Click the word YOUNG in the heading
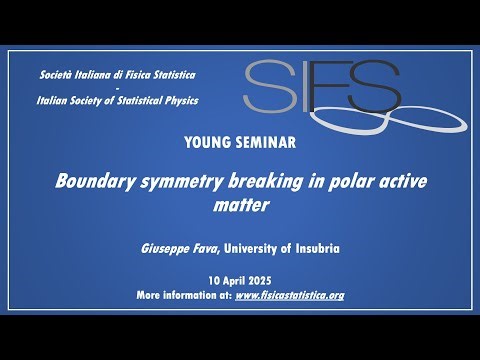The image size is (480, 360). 207,142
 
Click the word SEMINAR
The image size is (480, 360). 263,142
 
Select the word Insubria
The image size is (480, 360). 314,248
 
